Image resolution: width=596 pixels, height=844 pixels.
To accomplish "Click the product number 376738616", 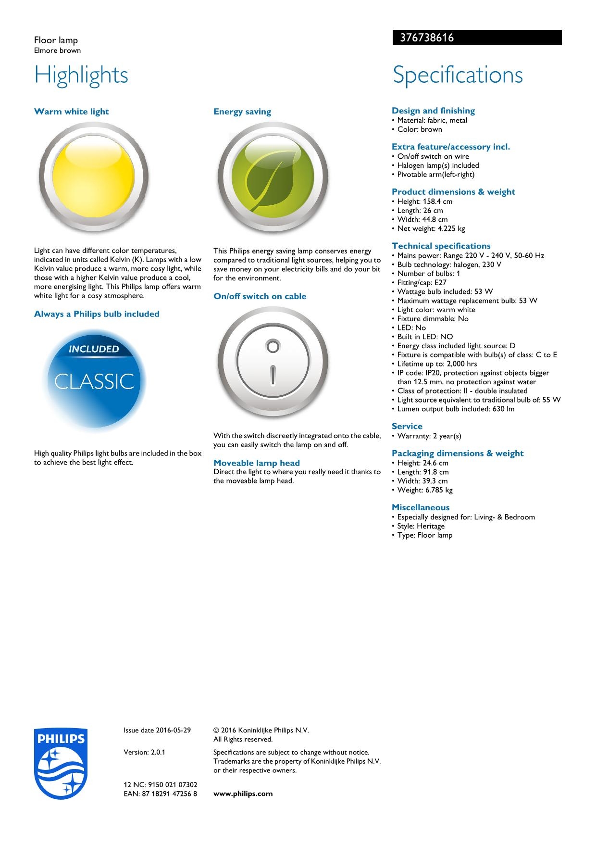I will tap(427, 38).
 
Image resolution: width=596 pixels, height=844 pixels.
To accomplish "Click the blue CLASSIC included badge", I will tap(94, 380).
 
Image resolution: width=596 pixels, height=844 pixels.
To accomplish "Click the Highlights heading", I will tap(81, 75).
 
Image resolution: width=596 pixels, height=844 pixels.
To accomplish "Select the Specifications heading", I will tap(458, 75).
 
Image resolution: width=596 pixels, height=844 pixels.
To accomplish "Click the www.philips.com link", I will tap(243, 794).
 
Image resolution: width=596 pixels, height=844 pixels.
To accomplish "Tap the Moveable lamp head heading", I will tap(257, 463).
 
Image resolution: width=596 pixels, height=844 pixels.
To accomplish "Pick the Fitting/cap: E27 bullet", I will tap(422, 282).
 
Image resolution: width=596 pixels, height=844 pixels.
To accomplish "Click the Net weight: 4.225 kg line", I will tap(431, 228).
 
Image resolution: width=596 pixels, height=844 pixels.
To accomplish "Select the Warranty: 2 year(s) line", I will tap(429, 436).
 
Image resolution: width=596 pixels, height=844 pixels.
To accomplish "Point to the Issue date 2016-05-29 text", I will tap(157, 730).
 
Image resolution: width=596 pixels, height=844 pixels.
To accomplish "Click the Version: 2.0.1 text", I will tap(144, 752).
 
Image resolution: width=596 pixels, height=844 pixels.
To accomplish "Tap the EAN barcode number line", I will tap(160, 794).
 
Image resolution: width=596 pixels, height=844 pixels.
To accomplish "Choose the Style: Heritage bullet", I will tap(421, 526).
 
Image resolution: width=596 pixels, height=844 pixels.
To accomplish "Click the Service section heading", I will tap(407, 426).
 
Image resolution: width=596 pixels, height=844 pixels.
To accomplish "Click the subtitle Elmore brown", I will tap(57, 50).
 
